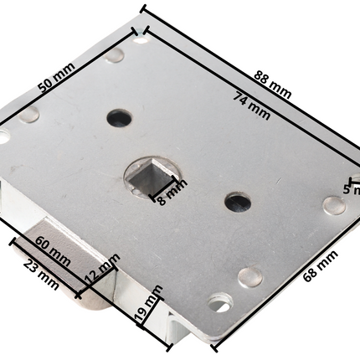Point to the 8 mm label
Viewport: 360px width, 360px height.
[x=171, y=193]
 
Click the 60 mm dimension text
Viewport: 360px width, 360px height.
[x=52, y=249]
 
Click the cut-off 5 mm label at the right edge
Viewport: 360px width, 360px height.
[x=352, y=189]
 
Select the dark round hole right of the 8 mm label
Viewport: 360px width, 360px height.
[x=238, y=202]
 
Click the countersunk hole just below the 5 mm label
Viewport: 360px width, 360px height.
[x=334, y=205]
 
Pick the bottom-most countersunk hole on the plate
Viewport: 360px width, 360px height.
[x=220, y=301]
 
